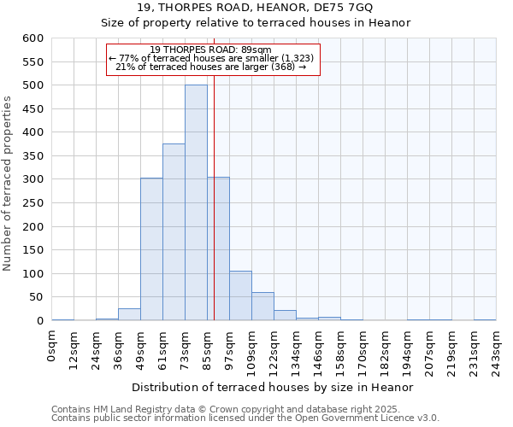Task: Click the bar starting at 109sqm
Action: [x=262, y=307]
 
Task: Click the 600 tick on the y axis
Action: [x=32, y=38]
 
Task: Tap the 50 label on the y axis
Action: [x=36, y=298]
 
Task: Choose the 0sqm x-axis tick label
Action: [x=53, y=345]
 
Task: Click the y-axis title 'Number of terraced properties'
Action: [x=8, y=184]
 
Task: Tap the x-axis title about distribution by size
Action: [x=274, y=387]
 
